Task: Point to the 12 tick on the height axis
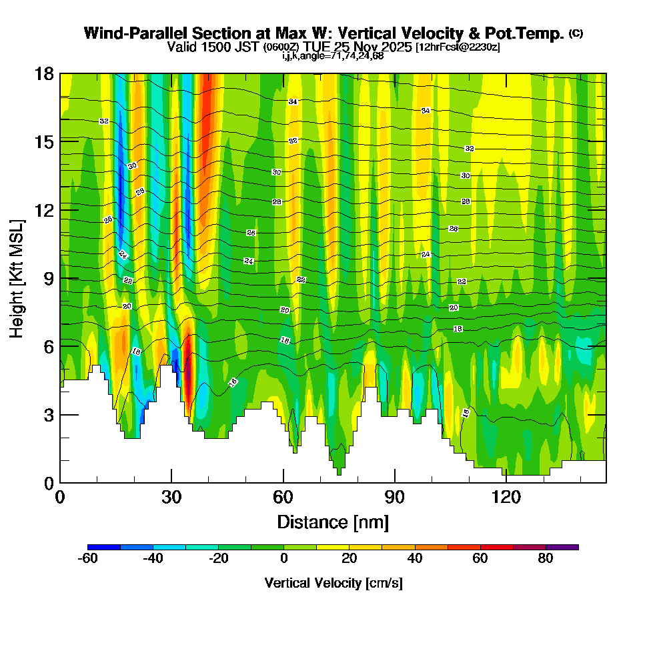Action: (60, 209)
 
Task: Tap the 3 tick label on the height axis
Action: (49, 414)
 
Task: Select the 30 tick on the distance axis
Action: (171, 482)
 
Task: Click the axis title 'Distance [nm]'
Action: (333, 522)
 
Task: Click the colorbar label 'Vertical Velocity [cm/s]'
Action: (333, 584)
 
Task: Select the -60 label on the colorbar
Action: (88, 559)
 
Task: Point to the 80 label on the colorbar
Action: (546, 559)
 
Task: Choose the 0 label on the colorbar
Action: (284, 559)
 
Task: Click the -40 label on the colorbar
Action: (153, 559)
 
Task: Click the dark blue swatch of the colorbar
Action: (104, 547)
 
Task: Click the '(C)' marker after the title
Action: (576, 33)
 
